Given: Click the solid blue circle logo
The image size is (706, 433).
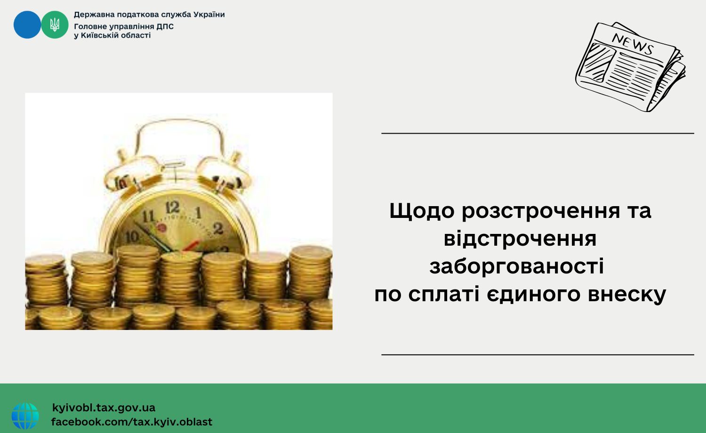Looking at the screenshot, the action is tap(27, 24).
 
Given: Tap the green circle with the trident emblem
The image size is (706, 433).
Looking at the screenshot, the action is tap(55, 24).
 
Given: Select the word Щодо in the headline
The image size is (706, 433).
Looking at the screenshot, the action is tap(422, 211).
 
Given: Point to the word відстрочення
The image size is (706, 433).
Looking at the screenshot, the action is tap(520, 239).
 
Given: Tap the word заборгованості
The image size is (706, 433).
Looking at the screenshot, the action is tap(517, 266).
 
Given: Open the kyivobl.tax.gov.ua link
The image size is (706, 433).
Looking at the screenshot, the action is tap(104, 408).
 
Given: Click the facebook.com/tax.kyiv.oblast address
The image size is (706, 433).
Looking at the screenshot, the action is tap(132, 422).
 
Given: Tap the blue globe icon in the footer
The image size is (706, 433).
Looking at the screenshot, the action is tap(25, 416).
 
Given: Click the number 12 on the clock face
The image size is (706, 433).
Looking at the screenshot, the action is tap(173, 207).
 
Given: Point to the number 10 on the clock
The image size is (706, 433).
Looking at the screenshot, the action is tap(132, 237).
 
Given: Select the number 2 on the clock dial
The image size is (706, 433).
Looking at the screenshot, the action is tap(218, 228).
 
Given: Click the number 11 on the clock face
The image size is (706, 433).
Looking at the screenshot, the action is tap(148, 216).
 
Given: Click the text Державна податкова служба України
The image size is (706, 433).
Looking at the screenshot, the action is tap(149, 15).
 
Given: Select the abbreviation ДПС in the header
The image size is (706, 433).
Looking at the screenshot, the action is tap(165, 26).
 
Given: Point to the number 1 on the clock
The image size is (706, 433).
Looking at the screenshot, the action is tap(199, 212).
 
